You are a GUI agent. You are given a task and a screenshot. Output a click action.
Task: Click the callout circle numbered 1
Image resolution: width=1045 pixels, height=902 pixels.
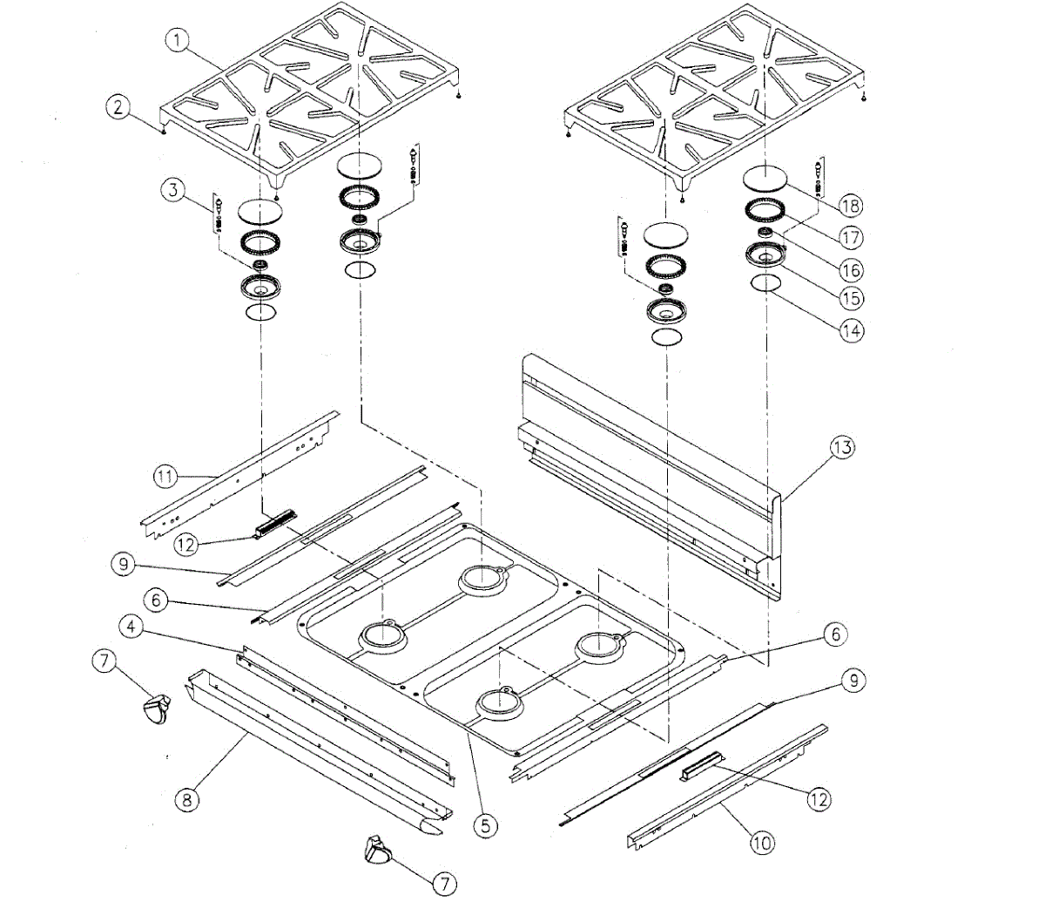[x=177, y=39]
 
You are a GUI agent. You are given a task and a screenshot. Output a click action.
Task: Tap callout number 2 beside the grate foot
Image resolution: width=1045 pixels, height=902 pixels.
[x=118, y=107]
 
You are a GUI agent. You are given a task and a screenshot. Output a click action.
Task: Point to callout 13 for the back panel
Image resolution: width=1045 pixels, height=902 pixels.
[x=840, y=448]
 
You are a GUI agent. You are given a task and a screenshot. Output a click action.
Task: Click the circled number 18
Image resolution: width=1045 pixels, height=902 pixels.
[x=851, y=206]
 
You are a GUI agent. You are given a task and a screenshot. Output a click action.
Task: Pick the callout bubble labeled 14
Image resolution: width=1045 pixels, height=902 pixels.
[x=852, y=330]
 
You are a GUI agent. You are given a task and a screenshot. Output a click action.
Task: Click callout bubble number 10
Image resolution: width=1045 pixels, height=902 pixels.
[x=762, y=843]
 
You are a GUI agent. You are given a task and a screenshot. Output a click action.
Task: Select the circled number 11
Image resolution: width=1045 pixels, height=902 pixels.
[x=165, y=476]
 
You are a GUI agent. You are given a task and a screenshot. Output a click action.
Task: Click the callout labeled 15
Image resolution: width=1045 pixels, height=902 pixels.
[x=852, y=297]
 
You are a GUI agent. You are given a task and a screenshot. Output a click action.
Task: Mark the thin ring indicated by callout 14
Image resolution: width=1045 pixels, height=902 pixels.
[x=765, y=283]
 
